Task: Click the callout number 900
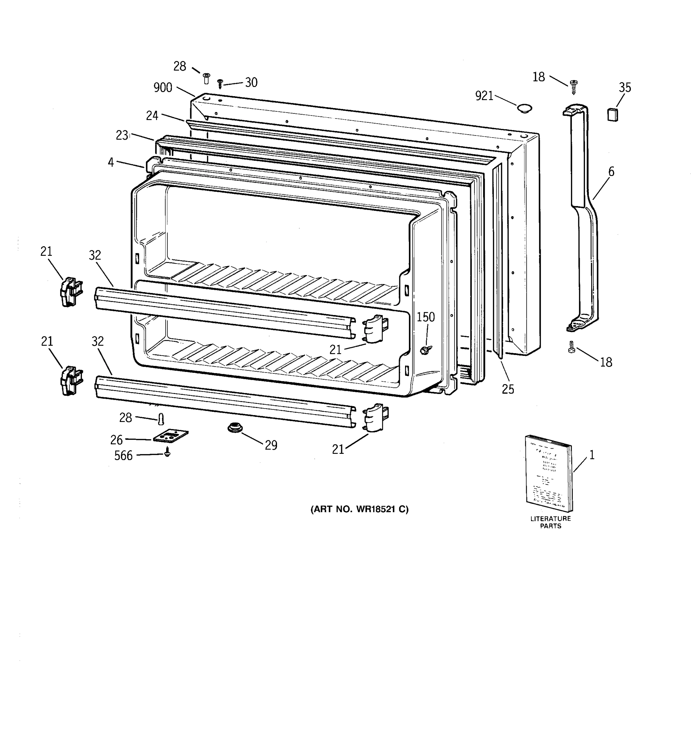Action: (x=163, y=88)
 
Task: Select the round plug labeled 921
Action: (x=524, y=108)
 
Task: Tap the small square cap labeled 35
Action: (x=612, y=115)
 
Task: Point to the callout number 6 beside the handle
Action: (x=611, y=172)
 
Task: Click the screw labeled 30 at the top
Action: (x=220, y=84)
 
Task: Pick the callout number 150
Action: (x=425, y=317)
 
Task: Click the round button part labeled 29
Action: (x=234, y=428)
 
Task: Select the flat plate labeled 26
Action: (x=170, y=436)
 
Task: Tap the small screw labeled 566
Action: (x=167, y=452)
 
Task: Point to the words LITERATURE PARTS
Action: (x=551, y=522)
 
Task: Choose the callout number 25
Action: (x=508, y=389)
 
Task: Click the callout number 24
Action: (x=152, y=116)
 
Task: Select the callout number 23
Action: (x=122, y=135)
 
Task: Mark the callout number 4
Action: (x=111, y=162)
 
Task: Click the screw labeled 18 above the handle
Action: (x=573, y=87)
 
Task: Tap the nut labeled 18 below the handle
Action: (x=571, y=348)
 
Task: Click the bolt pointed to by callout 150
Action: (x=425, y=349)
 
